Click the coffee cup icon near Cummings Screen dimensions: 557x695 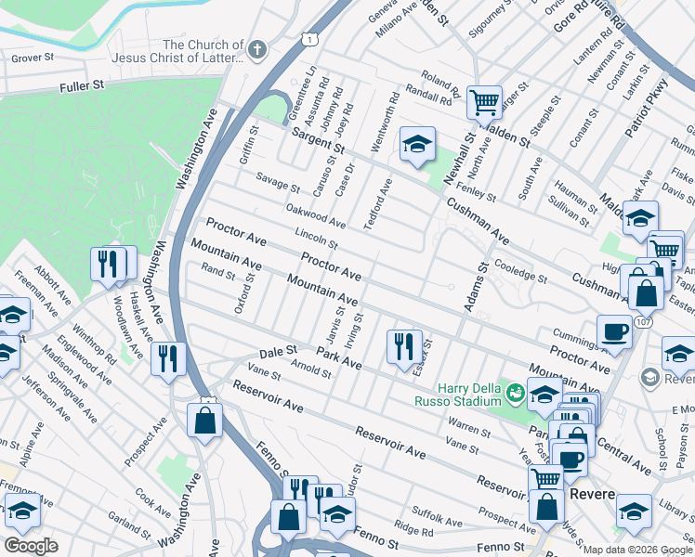point(614,331)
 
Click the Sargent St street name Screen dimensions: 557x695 point(317,142)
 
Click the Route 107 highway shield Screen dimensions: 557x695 point(642,320)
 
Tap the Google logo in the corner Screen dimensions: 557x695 point(31,546)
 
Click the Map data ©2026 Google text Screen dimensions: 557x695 point(637,550)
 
